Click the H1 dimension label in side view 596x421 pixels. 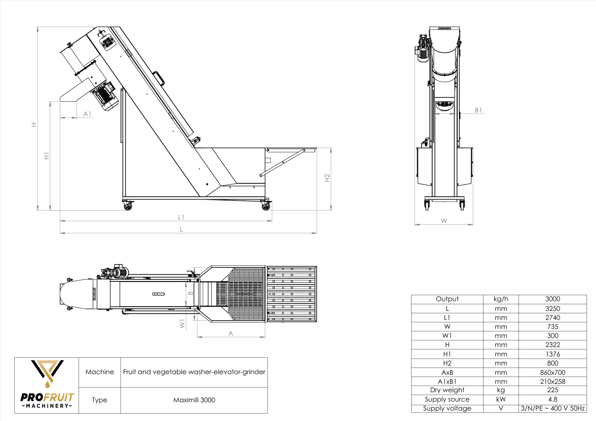pyautogui.click(x=47, y=156)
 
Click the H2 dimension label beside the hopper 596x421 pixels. pyautogui.click(x=327, y=178)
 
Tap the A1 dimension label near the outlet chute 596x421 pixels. pyautogui.click(x=87, y=114)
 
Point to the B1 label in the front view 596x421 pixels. pyautogui.click(x=478, y=110)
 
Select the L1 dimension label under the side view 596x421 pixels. pyautogui.click(x=181, y=217)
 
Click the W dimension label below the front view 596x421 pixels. pyautogui.click(x=444, y=221)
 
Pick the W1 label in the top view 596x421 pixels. pyautogui.click(x=182, y=324)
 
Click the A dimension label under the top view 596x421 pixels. pyautogui.click(x=230, y=333)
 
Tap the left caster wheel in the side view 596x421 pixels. pyautogui.click(x=128, y=206)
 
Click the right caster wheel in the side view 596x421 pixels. pyautogui.click(x=266, y=206)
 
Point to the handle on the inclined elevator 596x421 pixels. pyautogui.click(x=159, y=78)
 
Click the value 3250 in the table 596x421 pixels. pyautogui.click(x=552, y=309)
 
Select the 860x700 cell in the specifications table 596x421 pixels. pyautogui.click(x=552, y=372)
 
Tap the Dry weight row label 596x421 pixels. pyautogui.click(x=447, y=390)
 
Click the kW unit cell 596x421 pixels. pyautogui.click(x=501, y=399)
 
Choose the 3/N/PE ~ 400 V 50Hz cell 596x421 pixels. pyautogui.click(x=552, y=408)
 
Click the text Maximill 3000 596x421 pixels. pyautogui.click(x=194, y=400)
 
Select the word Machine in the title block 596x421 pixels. pyautogui.click(x=99, y=372)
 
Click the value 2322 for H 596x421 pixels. pyautogui.click(x=552, y=345)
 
